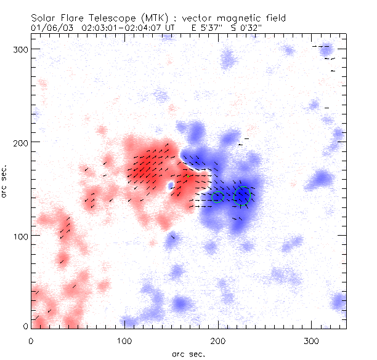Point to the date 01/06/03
pyautogui.click(x=47, y=27)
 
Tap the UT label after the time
pyautogui.click(x=171, y=27)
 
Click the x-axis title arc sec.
pyautogui.click(x=188, y=353)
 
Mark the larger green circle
pyautogui.click(x=243, y=195)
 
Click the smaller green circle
pyautogui.click(x=217, y=197)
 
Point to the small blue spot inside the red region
pyautogui.click(x=171, y=184)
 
